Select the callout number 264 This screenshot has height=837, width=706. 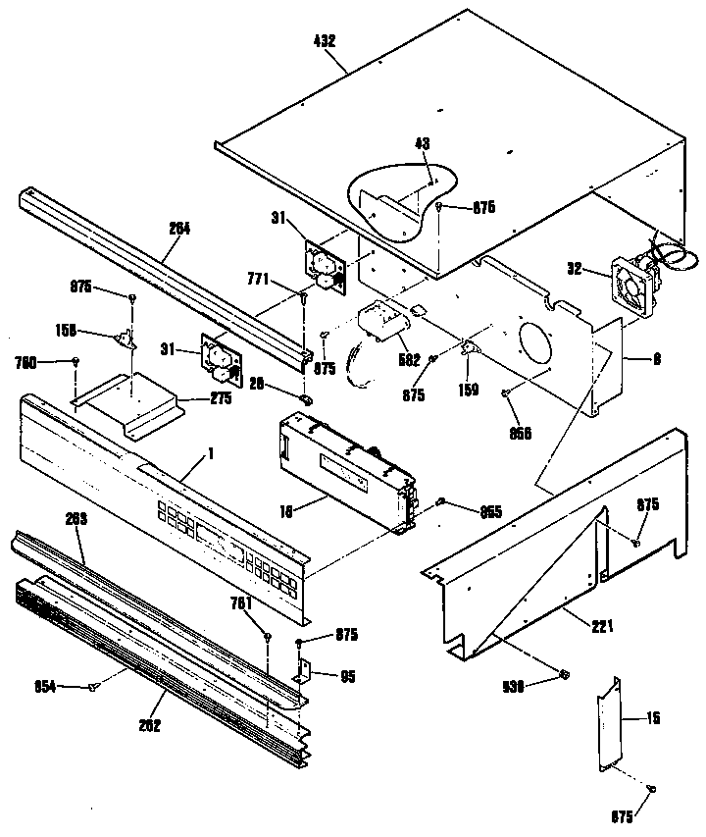[x=179, y=228]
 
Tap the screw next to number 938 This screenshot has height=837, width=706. [x=565, y=675]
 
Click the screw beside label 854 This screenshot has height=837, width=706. [x=95, y=687]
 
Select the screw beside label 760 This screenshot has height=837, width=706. [x=76, y=363]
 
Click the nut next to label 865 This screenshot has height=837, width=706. [x=441, y=502]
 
